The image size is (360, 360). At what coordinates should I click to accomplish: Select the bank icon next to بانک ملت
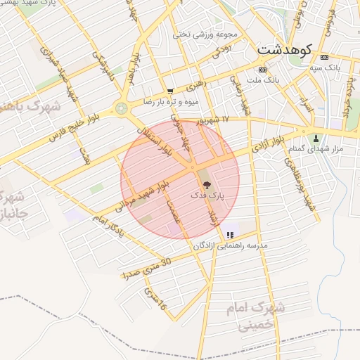pos(262,70)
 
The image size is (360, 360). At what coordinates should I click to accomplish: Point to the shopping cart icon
pos(170,91)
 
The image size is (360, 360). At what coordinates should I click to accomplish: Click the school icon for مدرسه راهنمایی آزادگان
pos(230,235)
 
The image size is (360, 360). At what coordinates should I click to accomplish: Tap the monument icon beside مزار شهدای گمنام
pos(316,138)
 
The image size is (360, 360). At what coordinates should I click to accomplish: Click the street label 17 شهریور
pos(214,120)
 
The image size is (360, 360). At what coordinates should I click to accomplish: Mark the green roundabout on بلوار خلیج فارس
pos(122,108)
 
